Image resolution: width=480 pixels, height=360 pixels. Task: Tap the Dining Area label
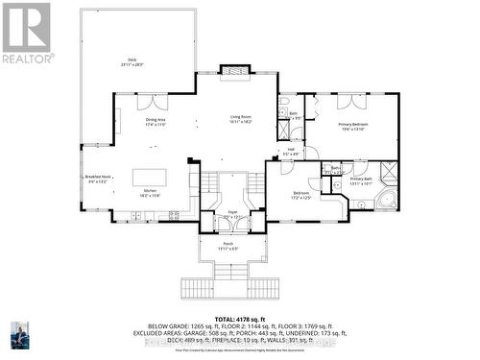click(156, 122)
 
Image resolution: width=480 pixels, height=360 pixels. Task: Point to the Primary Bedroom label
click(352, 127)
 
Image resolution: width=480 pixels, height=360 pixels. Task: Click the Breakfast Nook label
click(98, 179)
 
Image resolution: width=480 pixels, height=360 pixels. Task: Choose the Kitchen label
click(150, 193)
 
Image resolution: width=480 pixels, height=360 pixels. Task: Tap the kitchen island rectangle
click(149, 178)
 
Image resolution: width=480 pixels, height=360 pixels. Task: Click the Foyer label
click(232, 215)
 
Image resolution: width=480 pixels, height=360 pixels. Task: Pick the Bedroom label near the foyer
click(302, 195)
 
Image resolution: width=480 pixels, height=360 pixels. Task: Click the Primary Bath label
click(361, 180)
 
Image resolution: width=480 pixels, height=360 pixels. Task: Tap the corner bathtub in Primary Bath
click(385, 201)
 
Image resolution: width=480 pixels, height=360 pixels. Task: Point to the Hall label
click(291, 152)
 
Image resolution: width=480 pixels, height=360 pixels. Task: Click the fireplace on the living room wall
click(233, 71)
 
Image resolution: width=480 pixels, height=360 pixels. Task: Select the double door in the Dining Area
click(144, 103)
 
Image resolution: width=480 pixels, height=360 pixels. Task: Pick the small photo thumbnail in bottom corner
click(20, 336)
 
